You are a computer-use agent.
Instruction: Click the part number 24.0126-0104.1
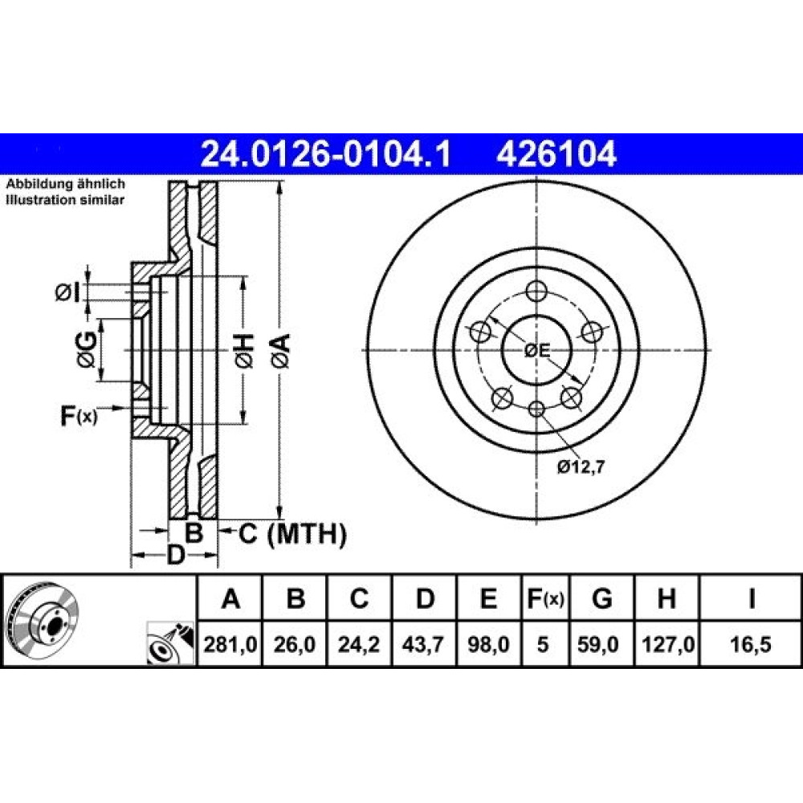point(326,153)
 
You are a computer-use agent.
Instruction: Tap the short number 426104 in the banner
point(556,153)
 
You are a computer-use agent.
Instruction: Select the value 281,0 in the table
point(230,644)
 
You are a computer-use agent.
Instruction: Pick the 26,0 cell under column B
point(295,644)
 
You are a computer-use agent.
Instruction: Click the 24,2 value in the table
point(358,644)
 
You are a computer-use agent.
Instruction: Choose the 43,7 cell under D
point(423,644)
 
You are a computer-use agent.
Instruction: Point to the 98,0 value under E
point(488,644)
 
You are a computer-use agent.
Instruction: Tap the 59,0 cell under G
point(598,644)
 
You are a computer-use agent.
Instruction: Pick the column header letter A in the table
point(230,598)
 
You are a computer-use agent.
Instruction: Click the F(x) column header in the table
point(545,598)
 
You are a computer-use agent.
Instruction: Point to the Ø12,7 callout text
point(581,467)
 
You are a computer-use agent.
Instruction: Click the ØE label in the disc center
point(536,351)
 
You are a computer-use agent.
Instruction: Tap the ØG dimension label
point(87,350)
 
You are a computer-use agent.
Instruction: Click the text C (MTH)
point(292,534)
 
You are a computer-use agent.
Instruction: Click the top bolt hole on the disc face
point(536,292)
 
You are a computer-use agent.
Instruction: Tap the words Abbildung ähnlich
point(65,184)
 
